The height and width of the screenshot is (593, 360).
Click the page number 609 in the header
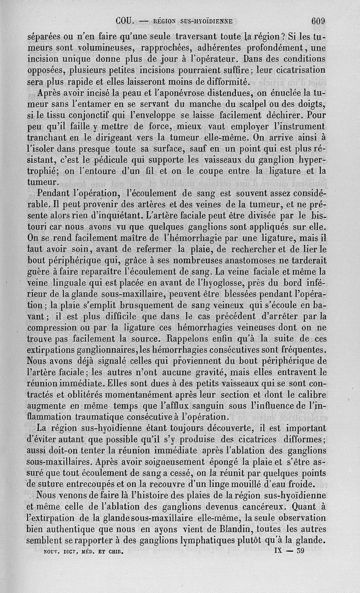[x=318, y=21]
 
